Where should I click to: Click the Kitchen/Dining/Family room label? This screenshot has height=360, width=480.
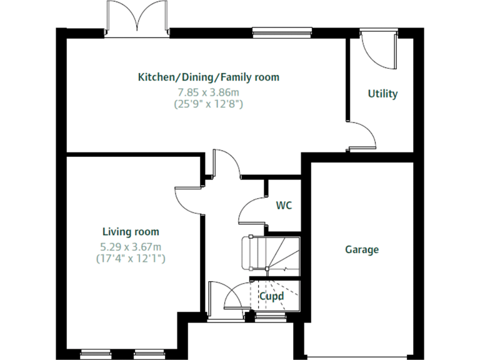(x=208, y=77)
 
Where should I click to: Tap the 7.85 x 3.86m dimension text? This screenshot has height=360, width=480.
(x=208, y=92)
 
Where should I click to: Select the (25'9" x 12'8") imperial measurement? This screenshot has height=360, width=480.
(x=208, y=104)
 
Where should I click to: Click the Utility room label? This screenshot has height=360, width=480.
(x=382, y=94)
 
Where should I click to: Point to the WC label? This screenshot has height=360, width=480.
(x=284, y=205)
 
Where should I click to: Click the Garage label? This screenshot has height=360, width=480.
(x=362, y=250)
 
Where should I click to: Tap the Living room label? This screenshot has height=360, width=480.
(x=131, y=232)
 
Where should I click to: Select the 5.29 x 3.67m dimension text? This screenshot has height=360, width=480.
(x=131, y=246)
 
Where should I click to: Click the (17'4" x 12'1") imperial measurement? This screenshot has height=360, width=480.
(x=131, y=257)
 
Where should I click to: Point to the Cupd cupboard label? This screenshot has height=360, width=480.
(x=272, y=296)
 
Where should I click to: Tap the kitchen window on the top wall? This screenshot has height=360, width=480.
(x=282, y=31)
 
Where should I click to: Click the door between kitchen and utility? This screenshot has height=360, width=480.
(x=362, y=136)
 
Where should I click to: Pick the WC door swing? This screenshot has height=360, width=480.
(x=252, y=209)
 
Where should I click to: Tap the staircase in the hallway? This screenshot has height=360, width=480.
(x=269, y=253)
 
